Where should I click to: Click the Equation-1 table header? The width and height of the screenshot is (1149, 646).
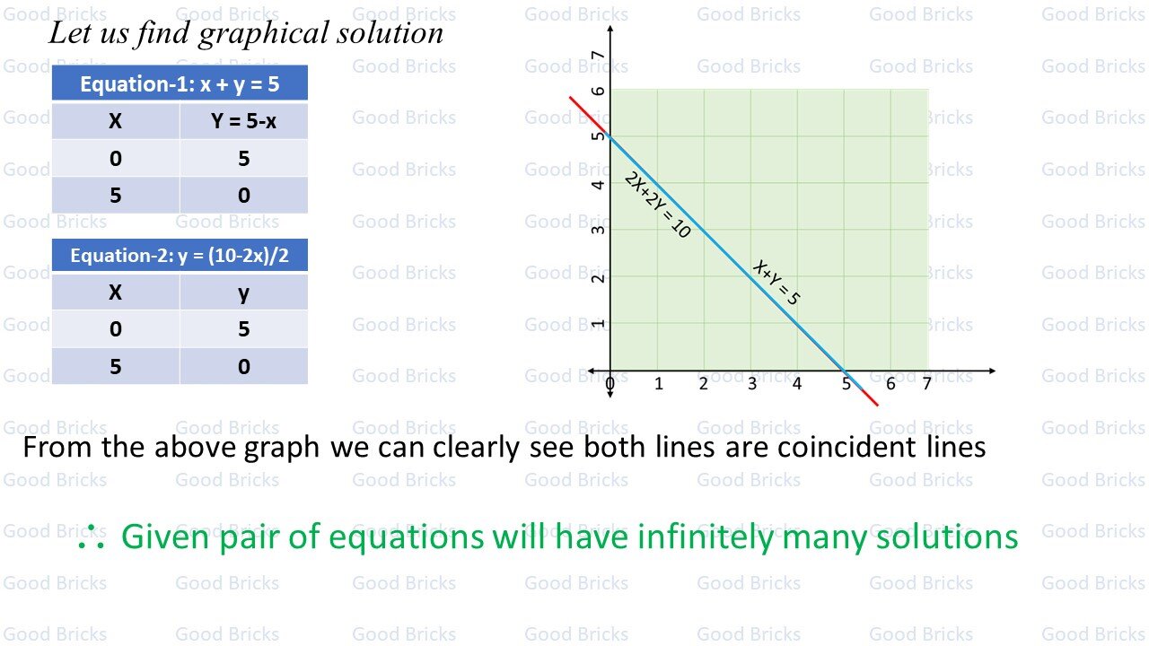coord(180,83)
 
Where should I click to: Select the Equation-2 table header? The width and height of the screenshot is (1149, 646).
coord(180,256)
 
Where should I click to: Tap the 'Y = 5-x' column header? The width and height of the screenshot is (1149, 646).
coord(243,121)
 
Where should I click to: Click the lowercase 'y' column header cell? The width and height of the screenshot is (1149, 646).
coord(243,292)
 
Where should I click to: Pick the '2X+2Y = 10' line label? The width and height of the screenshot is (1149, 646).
coord(657,205)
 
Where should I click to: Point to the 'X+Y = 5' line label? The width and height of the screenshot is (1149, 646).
coord(776,282)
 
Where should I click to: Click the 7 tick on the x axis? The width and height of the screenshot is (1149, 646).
coord(926,384)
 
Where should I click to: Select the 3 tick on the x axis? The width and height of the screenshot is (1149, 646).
coord(751,384)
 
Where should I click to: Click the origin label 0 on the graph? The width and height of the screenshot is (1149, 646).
coord(610,385)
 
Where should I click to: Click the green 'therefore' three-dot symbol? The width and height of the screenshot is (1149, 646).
coord(91,538)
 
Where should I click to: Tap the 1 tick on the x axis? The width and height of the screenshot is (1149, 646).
coord(658,384)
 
